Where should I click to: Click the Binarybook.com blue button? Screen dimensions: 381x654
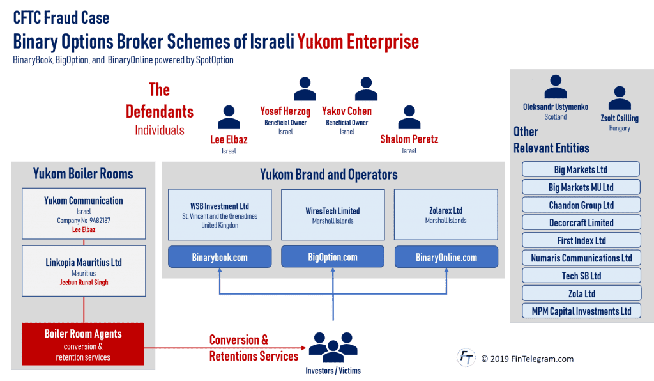220,257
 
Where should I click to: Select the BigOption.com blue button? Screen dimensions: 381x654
333,257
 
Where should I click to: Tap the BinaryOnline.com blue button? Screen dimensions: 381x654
446,257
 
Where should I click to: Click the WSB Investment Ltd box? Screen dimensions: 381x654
220,215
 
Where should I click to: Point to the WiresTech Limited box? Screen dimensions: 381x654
333,215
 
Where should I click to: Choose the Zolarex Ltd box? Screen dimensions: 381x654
446,215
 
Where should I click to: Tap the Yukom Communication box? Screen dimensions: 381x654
84,214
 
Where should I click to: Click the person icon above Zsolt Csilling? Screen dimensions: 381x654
619,98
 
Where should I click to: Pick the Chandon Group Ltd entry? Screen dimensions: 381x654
581,205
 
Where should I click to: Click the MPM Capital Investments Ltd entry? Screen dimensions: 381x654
581,311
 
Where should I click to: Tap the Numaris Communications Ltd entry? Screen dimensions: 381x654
581,258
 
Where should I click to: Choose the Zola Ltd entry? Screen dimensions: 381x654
581,293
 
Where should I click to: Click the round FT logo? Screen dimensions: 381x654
466,357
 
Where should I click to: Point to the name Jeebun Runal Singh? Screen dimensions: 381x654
84,283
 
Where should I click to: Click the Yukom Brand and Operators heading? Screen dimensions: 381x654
328,175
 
